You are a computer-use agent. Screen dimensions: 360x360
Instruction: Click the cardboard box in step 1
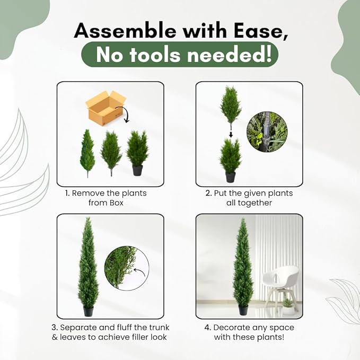coord(106,108)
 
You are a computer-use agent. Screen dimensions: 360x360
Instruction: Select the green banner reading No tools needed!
coord(180,55)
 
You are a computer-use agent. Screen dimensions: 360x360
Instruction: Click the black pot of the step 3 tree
coord(89,311)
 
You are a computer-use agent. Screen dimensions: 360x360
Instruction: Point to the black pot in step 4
coord(243,310)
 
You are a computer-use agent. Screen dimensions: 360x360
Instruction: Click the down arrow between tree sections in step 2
coord(231,135)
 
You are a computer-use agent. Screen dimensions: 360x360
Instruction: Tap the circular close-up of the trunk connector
coord(267,132)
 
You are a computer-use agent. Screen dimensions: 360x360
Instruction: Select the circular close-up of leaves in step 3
coord(127,268)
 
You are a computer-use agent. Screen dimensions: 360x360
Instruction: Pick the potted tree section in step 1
coord(137,153)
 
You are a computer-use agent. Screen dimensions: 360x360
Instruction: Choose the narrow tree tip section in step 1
coord(87,153)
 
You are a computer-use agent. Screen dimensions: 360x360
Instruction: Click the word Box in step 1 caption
coord(116,203)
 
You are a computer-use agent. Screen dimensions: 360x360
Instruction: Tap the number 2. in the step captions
coord(208,193)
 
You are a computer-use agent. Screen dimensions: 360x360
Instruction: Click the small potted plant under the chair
coord(288,307)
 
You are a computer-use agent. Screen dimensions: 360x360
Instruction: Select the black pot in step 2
coord(230,177)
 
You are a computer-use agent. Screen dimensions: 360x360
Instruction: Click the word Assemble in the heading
coord(125,31)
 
